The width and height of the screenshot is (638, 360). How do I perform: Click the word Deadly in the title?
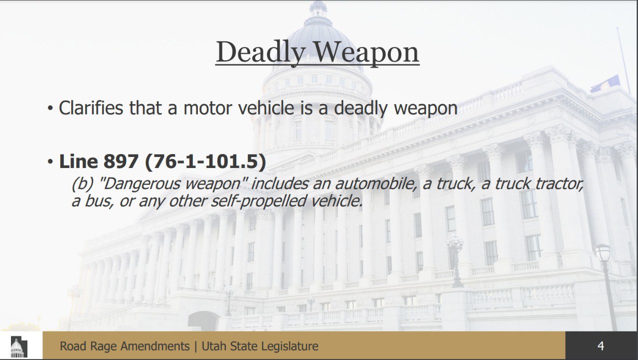260,52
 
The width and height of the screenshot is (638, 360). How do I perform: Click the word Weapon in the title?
366,53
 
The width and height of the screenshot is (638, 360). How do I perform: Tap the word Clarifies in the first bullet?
91,108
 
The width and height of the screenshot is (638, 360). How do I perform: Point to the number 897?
121,161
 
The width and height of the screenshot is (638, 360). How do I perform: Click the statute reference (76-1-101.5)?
205,162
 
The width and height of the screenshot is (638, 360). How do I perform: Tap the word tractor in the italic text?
559,183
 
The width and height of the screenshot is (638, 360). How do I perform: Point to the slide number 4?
601,346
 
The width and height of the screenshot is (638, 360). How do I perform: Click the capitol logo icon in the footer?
19,347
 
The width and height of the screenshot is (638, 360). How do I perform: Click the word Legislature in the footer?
290,347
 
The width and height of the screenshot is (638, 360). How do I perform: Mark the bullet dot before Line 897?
50,162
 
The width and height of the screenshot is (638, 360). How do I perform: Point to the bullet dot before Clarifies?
50,109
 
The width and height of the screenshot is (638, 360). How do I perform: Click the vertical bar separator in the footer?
195,347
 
